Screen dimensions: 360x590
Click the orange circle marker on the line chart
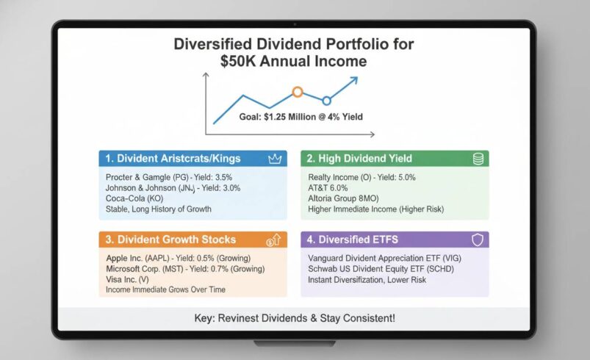tap(298, 92)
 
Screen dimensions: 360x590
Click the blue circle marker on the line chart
tap(327, 100)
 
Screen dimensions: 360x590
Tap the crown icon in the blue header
tap(276, 158)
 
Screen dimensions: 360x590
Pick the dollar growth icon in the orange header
tap(273, 240)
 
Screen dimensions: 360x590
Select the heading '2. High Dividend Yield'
tap(360, 158)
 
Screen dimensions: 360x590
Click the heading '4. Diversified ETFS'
tap(352, 240)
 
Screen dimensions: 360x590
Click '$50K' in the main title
tap(239, 62)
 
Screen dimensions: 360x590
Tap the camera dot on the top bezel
tap(295, 24)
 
